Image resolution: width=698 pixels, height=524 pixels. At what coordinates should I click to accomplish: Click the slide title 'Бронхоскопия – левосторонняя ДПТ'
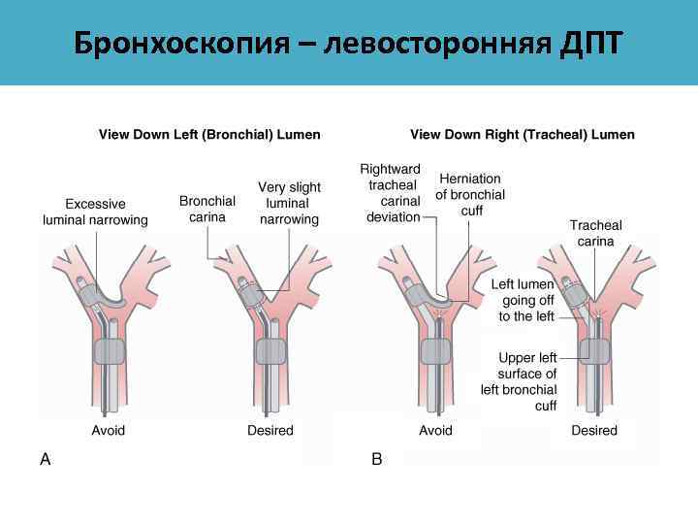[x=348, y=43]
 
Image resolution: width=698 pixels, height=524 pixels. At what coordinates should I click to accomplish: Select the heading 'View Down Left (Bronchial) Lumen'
[x=209, y=134]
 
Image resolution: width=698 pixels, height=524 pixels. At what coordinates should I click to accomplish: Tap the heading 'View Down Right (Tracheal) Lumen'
[x=523, y=134]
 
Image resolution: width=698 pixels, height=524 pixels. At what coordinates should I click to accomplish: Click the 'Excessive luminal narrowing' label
[x=95, y=212]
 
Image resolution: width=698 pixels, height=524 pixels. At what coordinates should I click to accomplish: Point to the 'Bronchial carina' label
[x=207, y=209]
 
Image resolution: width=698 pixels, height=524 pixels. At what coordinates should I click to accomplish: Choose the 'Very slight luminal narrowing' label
[x=289, y=203]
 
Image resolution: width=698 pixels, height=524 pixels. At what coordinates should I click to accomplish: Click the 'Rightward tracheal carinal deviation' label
[x=393, y=193]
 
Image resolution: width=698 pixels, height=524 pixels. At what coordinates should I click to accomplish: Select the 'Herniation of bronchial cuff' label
[x=470, y=193]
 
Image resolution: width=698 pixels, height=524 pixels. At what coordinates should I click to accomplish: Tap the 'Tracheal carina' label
[x=595, y=233]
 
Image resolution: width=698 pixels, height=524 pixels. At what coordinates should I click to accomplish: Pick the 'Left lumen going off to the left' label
[x=523, y=300]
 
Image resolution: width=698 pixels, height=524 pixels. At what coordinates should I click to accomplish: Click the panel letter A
[x=45, y=460]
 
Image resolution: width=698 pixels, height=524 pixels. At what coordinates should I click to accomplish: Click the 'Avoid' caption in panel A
[x=109, y=430]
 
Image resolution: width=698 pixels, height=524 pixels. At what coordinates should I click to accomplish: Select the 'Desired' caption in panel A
[x=270, y=430]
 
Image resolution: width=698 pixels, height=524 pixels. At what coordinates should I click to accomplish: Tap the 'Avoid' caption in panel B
[x=435, y=430]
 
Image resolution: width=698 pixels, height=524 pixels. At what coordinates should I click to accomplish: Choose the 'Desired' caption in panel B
[x=594, y=430]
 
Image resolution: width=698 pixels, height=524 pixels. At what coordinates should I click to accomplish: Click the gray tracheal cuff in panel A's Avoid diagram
[x=110, y=352]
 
